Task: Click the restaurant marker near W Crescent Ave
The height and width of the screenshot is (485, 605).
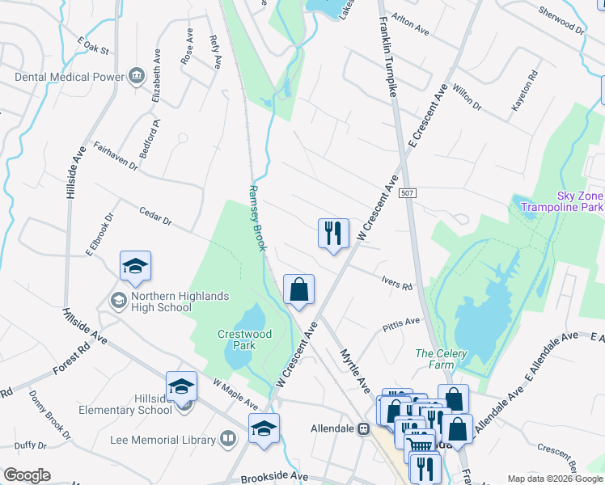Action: pyautogui.click(x=333, y=234)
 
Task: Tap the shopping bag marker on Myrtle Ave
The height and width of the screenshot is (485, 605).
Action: pyautogui.click(x=298, y=290)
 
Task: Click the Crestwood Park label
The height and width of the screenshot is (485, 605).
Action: pyautogui.click(x=244, y=339)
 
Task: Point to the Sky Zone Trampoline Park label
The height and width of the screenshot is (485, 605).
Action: pyautogui.click(x=568, y=201)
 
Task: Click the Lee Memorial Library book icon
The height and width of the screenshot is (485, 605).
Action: pyautogui.click(x=229, y=440)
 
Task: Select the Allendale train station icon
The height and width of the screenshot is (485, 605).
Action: pyautogui.click(x=364, y=428)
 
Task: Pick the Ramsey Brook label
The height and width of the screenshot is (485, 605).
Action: pyautogui.click(x=256, y=217)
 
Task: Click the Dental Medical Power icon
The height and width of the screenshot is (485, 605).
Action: pyautogui.click(x=136, y=77)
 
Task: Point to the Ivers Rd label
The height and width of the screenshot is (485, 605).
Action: pyautogui.click(x=397, y=283)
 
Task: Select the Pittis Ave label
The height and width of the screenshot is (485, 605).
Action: pyautogui.click(x=401, y=323)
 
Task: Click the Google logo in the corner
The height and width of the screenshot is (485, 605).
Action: pyautogui.click(x=27, y=475)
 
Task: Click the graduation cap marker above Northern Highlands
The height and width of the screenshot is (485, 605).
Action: pyautogui.click(x=135, y=267)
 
